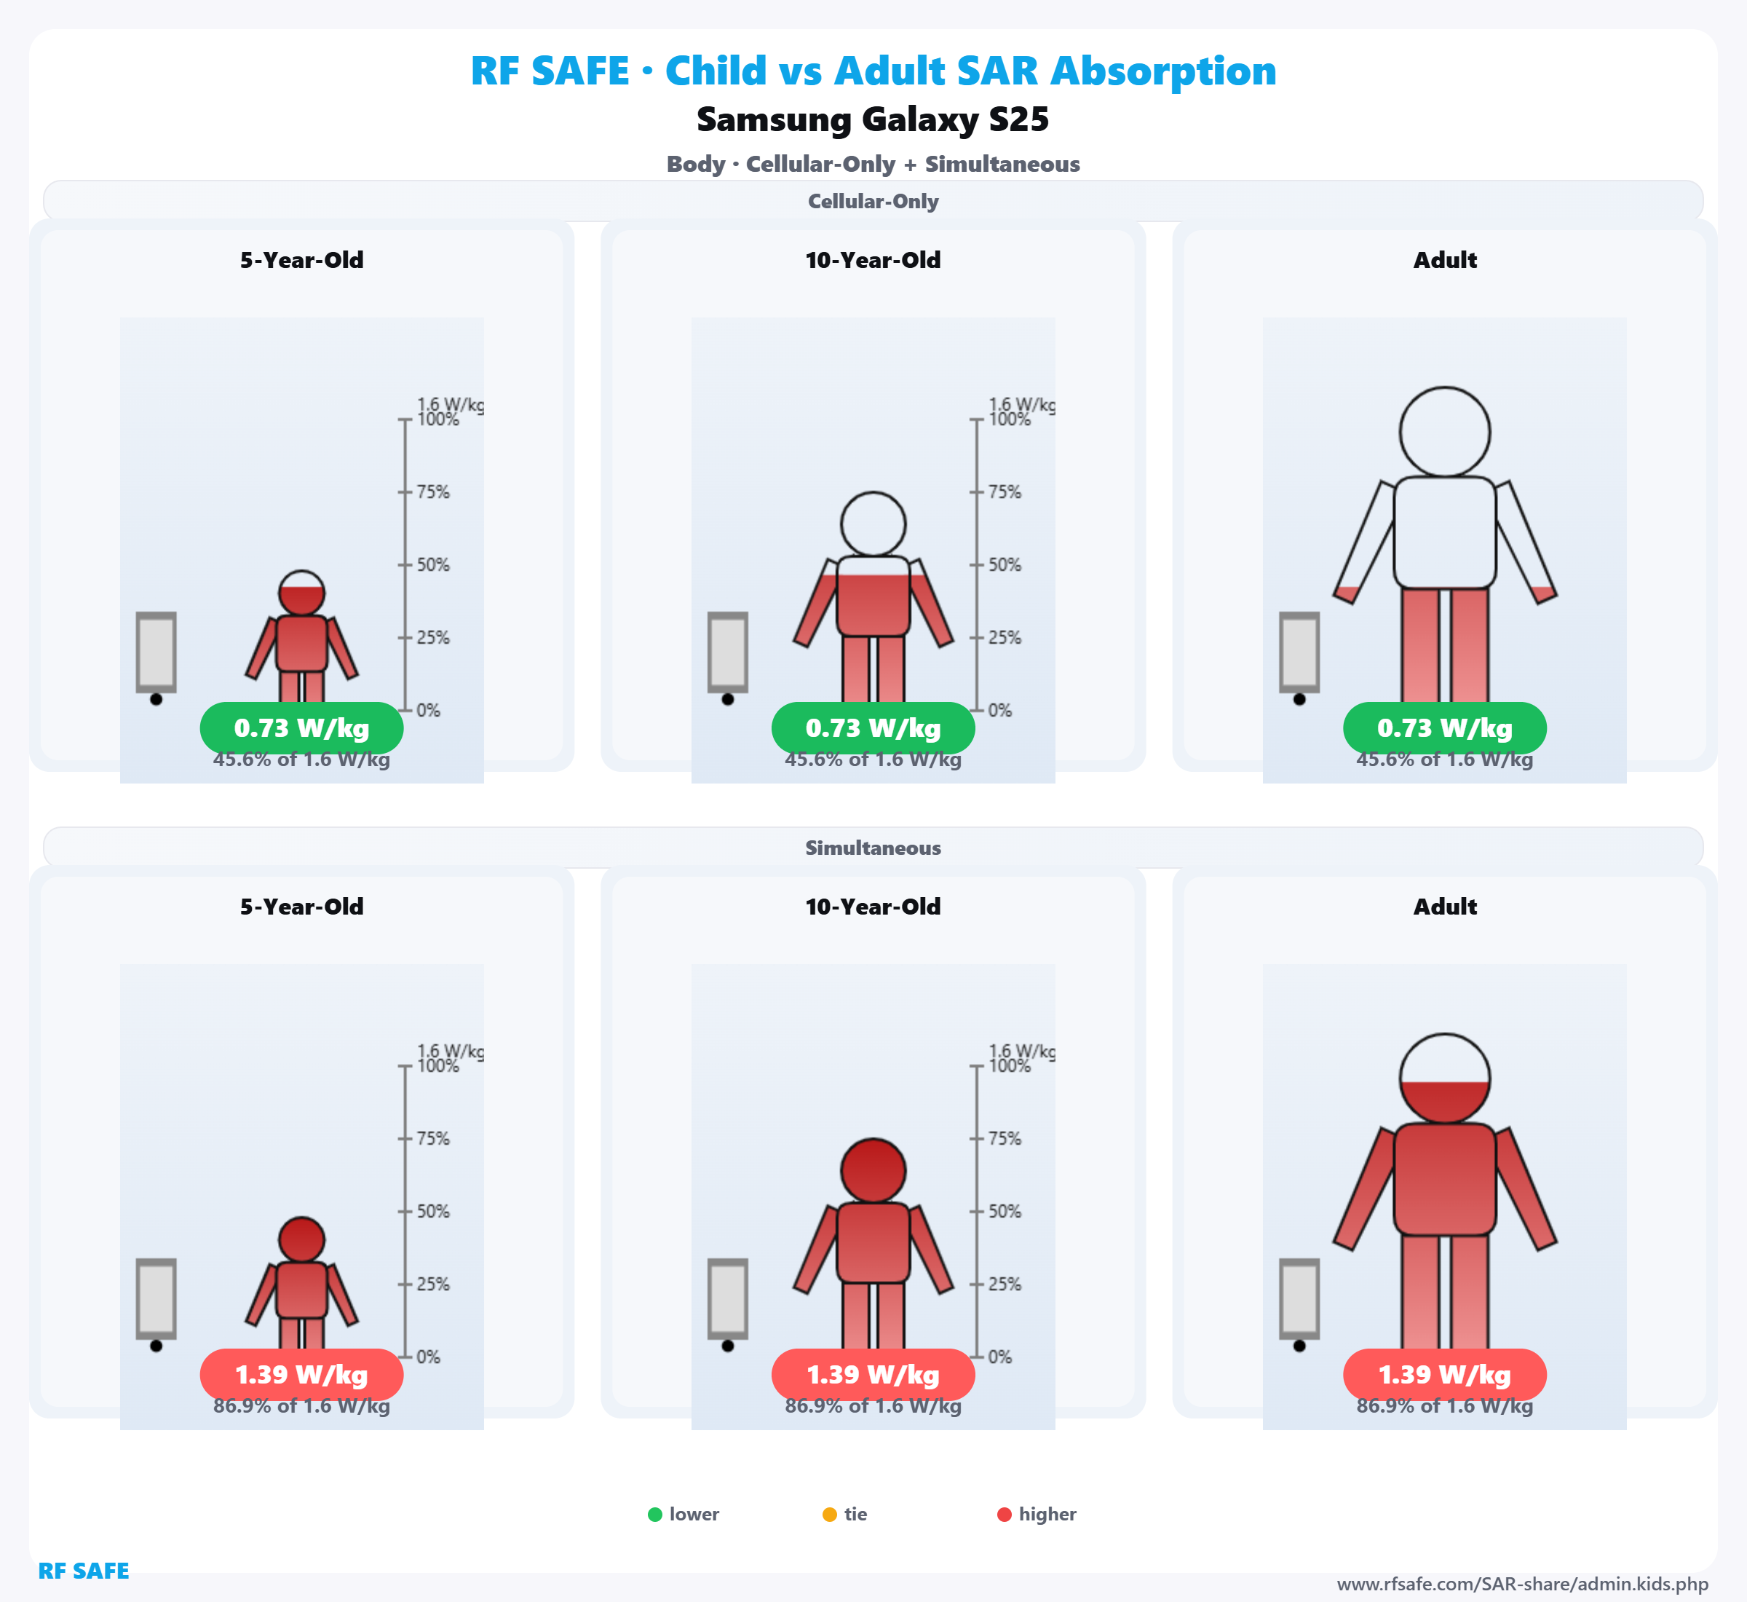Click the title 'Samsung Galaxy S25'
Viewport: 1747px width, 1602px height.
click(873, 119)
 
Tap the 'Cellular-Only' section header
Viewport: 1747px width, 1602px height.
click(873, 201)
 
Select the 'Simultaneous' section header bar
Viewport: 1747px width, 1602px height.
click(873, 848)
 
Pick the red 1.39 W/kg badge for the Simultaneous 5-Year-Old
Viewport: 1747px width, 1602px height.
click(301, 1375)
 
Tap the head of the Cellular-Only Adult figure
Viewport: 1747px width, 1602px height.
click(1445, 432)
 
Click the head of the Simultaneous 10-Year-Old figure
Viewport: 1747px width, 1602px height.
click(873, 1170)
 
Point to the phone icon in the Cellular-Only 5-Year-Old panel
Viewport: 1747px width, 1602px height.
click(156, 652)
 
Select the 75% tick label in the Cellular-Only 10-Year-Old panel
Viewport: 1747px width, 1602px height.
click(1005, 492)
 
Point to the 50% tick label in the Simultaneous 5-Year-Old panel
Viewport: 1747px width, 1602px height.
click(432, 1212)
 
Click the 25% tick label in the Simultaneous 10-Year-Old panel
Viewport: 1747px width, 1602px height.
click(1005, 1285)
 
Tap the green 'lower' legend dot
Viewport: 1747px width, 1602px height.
click(655, 1515)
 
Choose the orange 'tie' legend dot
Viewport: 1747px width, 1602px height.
click(829, 1515)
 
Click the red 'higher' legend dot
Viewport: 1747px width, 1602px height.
click(1005, 1515)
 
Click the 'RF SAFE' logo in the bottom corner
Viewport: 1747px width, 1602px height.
click(83, 1571)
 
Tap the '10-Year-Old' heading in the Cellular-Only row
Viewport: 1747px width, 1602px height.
click(873, 260)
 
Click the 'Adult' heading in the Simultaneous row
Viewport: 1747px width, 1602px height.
click(1445, 907)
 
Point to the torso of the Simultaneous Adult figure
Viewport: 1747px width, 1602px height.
click(1445, 1179)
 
